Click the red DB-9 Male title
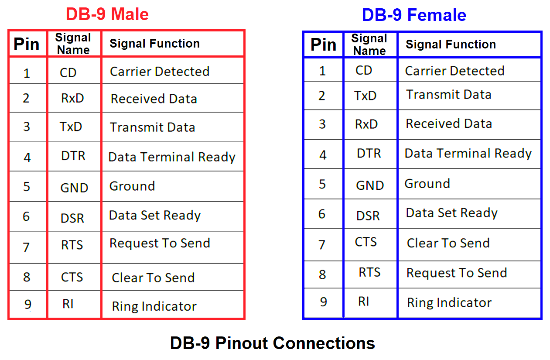click(107, 14)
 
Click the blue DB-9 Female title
click(414, 15)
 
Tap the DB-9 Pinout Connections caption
click(273, 343)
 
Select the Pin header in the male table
click(27, 44)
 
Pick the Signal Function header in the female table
click(451, 45)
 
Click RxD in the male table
click(72, 98)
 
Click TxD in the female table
click(366, 96)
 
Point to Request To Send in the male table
click(160, 243)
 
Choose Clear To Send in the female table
click(448, 243)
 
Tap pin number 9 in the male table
click(27, 304)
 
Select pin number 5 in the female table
click(322, 184)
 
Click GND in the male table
click(74, 188)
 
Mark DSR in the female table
click(368, 216)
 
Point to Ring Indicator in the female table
click(449, 303)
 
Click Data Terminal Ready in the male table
click(172, 157)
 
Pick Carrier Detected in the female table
click(454, 71)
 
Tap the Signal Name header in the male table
click(73, 44)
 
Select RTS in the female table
click(369, 272)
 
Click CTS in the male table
click(72, 277)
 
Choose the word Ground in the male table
click(132, 186)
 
